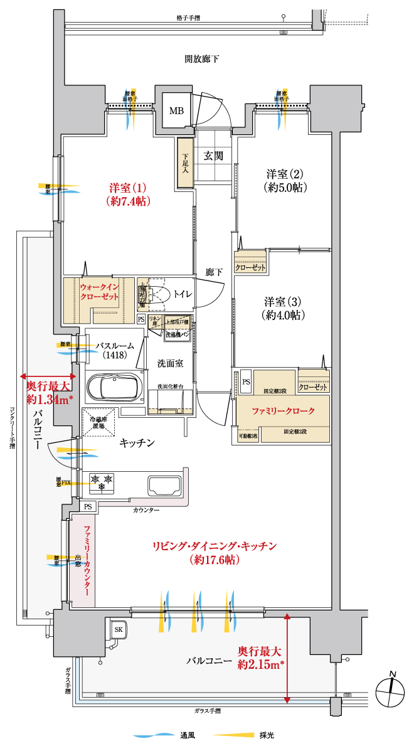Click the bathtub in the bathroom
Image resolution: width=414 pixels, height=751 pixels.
point(112,388)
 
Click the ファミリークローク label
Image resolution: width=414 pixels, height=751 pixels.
point(282,412)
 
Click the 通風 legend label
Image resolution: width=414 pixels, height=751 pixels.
point(186,735)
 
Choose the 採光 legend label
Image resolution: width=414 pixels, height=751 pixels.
point(266,735)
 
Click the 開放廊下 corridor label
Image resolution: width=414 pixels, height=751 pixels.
point(202,60)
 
